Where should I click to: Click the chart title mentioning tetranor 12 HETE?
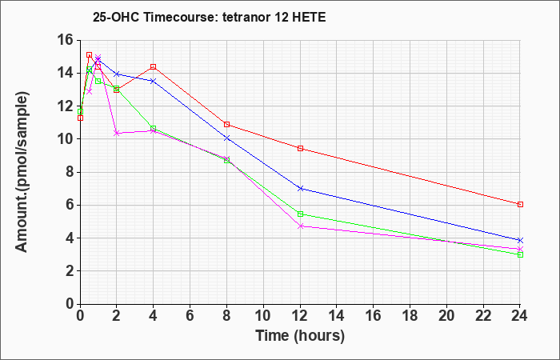pyautogui.click(x=210, y=17)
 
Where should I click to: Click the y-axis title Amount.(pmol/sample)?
pyautogui.click(x=22, y=172)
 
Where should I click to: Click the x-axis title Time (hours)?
pyautogui.click(x=300, y=336)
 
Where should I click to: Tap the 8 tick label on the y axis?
pyautogui.click(x=70, y=172)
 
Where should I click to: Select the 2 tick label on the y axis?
pyautogui.click(x=70, y=271)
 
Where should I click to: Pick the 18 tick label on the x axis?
pyautogui.click(x=410, y=316)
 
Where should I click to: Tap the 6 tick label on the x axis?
pyautogui.click(x=190, y=316)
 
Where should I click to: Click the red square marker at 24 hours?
pyautogui.click(x=520, y=204)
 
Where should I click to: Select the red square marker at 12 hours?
pyautogui.click(x=300, y=149)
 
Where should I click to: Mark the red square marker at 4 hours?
pyautogui.click(x=154, y=66)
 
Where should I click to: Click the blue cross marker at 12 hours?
pyautogui.click(x=300, y=188)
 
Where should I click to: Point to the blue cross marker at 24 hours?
pyautogui.click(x=520, y=240)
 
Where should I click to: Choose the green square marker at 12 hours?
pyautogui.click(x=300, y=214)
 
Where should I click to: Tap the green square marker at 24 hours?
pyautogui.click(x=520, y=254)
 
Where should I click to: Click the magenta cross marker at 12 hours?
pyautogui.click(x=300, y=226)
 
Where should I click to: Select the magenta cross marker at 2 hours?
pyautogui.click(x=117, y=134)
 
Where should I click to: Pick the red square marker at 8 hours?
pyautogui.click(x=226, y=124)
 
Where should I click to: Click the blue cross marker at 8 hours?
pyautogui.click(x=226, y=138)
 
